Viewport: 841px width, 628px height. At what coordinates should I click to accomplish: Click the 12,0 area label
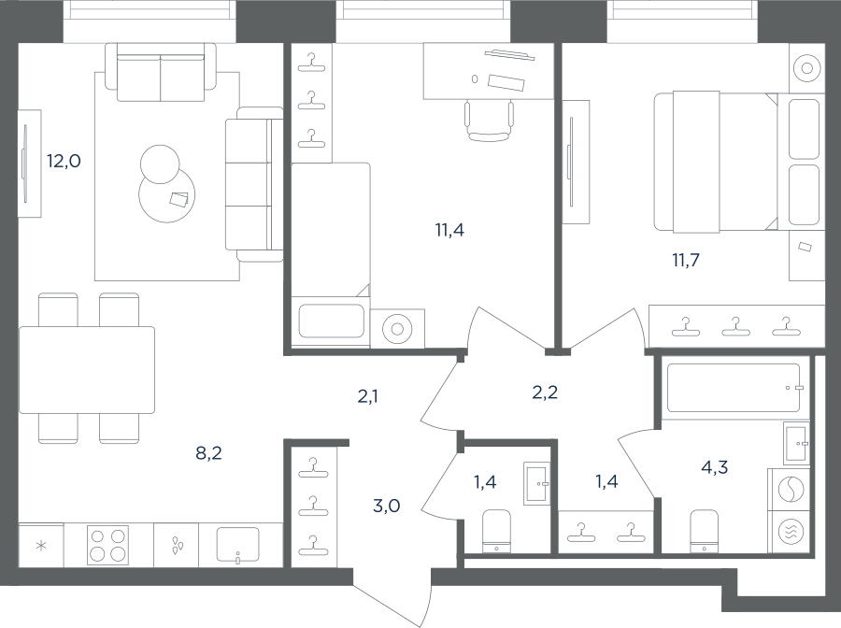pyautogui.click(x=64, y=161)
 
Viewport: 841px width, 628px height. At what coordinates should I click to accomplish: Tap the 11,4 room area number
pyautogui.click(x=449, y=230)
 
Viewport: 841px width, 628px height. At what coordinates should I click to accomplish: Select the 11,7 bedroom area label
pyautogui.click(x=686, y=260)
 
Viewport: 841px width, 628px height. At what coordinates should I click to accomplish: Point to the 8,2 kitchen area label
pyautogui.click(x=208, y=453)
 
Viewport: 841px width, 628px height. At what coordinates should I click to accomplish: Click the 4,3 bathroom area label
pyautogui.click(x=715, y=467)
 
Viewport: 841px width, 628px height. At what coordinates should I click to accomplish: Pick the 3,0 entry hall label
pyautogui.click(x=386, y=506)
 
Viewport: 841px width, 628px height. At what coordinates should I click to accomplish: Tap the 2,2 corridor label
pyautogui.click(x=545, y=392)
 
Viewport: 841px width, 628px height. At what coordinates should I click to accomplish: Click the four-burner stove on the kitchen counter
pyautogui.click(x=107, y=545)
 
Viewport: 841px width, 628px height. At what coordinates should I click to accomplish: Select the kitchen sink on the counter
pyautogui.click(x=237, y=546)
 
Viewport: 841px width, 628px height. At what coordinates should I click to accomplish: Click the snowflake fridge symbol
pyautogui.click(x=41, y=546)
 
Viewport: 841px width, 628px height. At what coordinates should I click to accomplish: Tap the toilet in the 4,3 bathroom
pyautogui.click(x=704, y=531)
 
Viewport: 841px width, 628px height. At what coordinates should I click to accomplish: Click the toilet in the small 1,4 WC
pyautogui.click(x=496, y=531)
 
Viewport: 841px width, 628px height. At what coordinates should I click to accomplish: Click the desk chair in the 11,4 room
pyautogui.click(x=489, y=121)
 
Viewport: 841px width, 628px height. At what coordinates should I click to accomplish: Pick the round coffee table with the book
pyautogui.click(x=167, y=194)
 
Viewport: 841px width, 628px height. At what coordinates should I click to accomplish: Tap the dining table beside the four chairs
pyautogui.click(x=87, y=370)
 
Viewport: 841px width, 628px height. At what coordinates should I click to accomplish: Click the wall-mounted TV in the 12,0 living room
pyautogui.click(x=24, y=164)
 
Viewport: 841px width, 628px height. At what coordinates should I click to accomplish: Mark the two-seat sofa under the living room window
pyautogui.click(x=161, y=72)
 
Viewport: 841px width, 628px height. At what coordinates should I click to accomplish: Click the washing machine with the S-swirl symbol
pyautogui.click(x=791, y=490)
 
